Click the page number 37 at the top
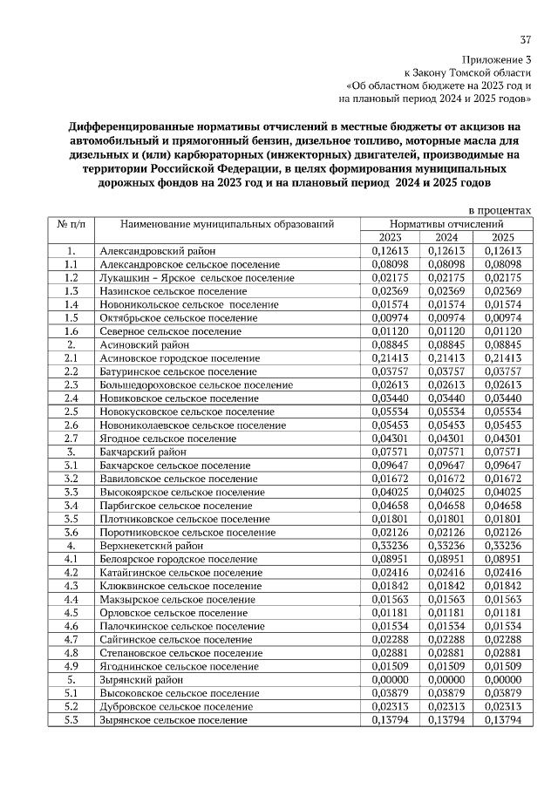(526, 39)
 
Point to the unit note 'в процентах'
(500, 210)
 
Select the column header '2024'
(446, 237)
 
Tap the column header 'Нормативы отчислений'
(446, 224)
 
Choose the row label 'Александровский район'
(152, 251)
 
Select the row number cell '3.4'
(71, 506)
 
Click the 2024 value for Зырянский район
(446, 680)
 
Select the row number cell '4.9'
(71, 667)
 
